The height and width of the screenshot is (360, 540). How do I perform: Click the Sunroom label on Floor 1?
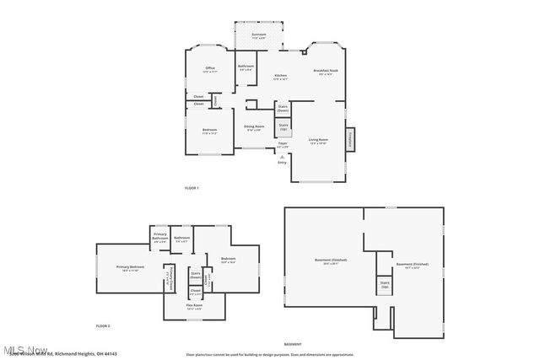click(x=258, y=36)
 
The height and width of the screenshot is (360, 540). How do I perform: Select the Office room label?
click(x=210, y=70)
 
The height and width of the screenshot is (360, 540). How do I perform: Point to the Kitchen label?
click(x=280, y=78)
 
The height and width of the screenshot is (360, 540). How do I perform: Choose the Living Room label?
click(x=318, y=142)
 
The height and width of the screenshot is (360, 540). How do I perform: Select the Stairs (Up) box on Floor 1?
click(x=283, y=128)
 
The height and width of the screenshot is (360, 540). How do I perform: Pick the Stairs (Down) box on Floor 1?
click(x=283, y=108)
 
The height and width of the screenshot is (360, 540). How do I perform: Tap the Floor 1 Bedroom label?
click(x=210, y=131)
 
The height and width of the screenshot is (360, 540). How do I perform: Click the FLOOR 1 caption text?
click(x=192, y=187)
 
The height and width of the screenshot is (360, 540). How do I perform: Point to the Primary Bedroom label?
click(x=130, y=268)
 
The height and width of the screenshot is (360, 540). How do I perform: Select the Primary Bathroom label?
click(x=160, y=239)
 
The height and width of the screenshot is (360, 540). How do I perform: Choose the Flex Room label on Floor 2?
click(x=195, y=308)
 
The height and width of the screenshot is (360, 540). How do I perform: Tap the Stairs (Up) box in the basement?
click(x=385, y=285)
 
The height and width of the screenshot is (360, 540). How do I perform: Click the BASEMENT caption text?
click(x=292, y=345)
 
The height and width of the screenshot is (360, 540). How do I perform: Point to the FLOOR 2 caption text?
click(x=103, y=325)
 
